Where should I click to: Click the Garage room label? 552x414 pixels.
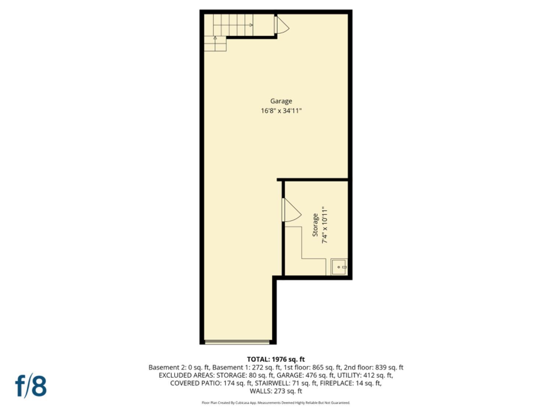[x=281, y=101]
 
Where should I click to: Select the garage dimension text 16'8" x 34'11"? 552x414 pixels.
[x=281, y=110]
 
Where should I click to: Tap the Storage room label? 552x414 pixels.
[x=315, y=225]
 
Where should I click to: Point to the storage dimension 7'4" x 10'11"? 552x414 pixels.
[x=325, y=225]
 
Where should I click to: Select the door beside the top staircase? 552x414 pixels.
[x=281, y=25]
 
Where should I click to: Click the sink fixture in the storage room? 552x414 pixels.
[x=339, y=267]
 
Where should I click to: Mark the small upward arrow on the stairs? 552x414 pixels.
[x=215, y=38]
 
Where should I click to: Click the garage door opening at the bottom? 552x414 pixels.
[x=237, y=342]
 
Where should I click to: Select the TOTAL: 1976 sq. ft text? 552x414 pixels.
[x=276, y=359]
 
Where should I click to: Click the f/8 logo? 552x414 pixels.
[x=31, y=386]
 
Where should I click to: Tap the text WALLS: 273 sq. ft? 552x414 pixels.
[x=276, y=391]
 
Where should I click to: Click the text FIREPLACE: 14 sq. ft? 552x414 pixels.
[x=350, y=383]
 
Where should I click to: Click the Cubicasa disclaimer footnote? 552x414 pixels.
[x=276, y=403]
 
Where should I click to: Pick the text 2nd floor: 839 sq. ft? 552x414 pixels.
[x=374, y=367]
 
